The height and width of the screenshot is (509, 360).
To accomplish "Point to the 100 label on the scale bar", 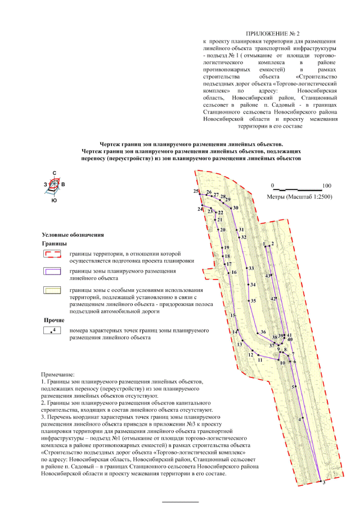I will coord(327,185).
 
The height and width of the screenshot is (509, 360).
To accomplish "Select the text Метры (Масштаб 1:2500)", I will coord(298,197).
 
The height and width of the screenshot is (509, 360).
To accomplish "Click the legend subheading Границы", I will coord(55,245).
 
